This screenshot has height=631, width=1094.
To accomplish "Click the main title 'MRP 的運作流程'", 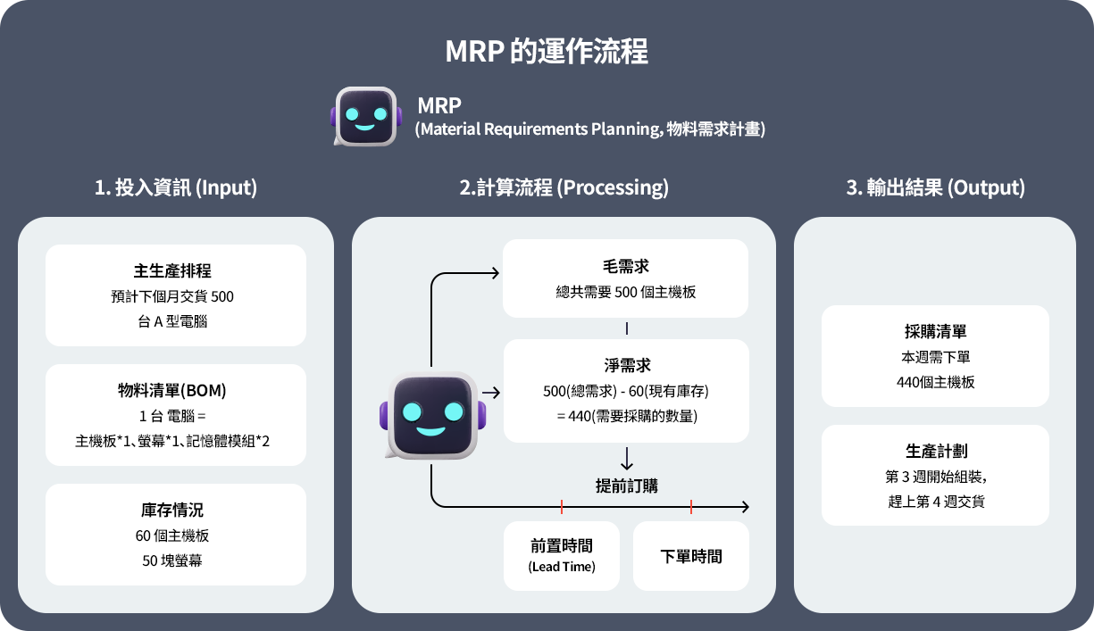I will (547, 51).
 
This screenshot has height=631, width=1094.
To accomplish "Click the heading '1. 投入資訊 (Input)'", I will (176, 187).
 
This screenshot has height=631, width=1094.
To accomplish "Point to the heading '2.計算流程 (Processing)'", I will (564, 187).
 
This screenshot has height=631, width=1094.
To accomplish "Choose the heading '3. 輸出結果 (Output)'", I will (935, 187).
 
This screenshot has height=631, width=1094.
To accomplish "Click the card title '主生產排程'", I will (176, 271).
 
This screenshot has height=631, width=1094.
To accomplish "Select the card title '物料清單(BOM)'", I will (176, 391).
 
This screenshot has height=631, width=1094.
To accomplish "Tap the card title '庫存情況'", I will (176, 511).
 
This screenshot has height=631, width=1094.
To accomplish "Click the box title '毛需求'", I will (626, 266).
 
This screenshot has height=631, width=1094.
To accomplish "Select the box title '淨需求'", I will (626, 366).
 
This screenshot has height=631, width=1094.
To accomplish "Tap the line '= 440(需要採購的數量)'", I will (626, 416).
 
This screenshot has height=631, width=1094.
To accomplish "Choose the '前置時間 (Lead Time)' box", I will (562, 555).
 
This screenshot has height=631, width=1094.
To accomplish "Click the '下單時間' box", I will (691, 556).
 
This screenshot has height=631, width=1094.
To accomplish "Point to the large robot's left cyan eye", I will (412, 411).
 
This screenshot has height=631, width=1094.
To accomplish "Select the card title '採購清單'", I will (935, 332).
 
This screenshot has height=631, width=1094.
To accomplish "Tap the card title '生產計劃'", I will (935, 452).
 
